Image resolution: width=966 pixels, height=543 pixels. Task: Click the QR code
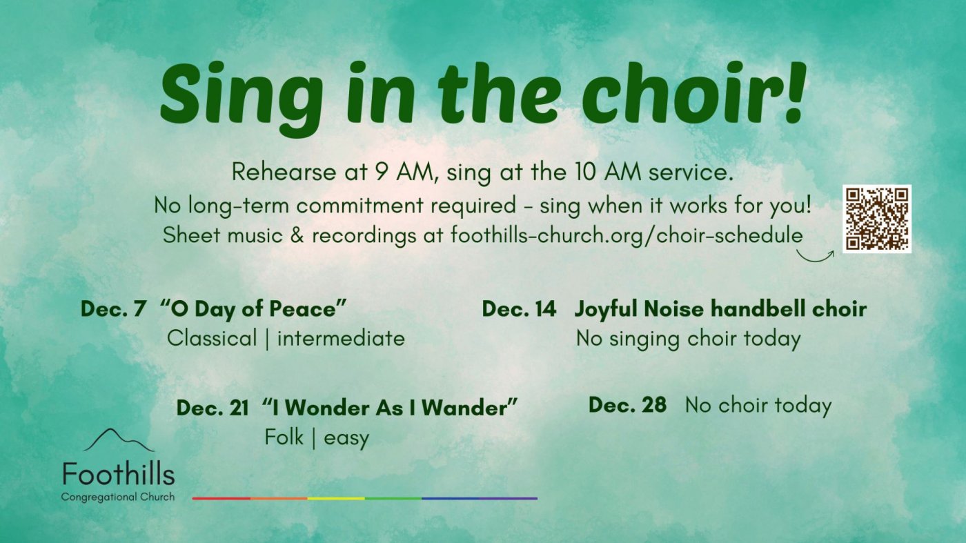coord(876,219)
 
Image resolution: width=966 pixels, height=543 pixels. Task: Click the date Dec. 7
coord(113,309)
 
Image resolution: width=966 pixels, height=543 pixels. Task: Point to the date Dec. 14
coord(519,309)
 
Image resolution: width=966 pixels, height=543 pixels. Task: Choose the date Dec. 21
coord(213,408)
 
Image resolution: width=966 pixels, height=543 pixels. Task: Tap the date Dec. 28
coord(627,405)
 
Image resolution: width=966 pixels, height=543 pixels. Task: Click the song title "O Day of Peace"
coord(253,309)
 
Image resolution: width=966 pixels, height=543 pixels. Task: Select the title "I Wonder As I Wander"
coord(390,408)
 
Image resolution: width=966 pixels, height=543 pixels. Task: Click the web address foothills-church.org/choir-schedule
coord(627,235)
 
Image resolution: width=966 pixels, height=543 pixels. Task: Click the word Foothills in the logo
coord(118,475)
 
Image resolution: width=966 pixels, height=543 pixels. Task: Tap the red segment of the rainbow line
coord(221,497)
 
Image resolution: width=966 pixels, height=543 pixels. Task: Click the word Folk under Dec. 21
coord(284,437)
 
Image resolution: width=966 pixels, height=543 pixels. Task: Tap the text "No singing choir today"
coord(688,339)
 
